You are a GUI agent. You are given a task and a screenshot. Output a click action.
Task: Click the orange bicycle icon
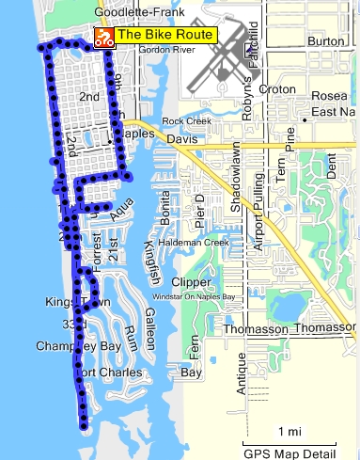coord(103,38)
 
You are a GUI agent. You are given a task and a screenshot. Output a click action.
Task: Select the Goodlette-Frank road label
coord(135,13)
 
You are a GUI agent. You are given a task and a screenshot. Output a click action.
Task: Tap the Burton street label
coord(326,41)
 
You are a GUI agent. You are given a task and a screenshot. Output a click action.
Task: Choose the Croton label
coord(276,89)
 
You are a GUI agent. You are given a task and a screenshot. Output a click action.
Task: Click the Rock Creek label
coord(183,121)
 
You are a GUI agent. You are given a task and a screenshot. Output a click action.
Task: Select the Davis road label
coord(179,139)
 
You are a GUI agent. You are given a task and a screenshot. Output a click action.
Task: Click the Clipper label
coord(191,281)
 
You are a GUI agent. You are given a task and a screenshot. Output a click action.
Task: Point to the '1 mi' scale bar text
coord(289,432)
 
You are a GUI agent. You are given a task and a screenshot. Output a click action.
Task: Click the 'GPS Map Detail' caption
coord(289,452)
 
